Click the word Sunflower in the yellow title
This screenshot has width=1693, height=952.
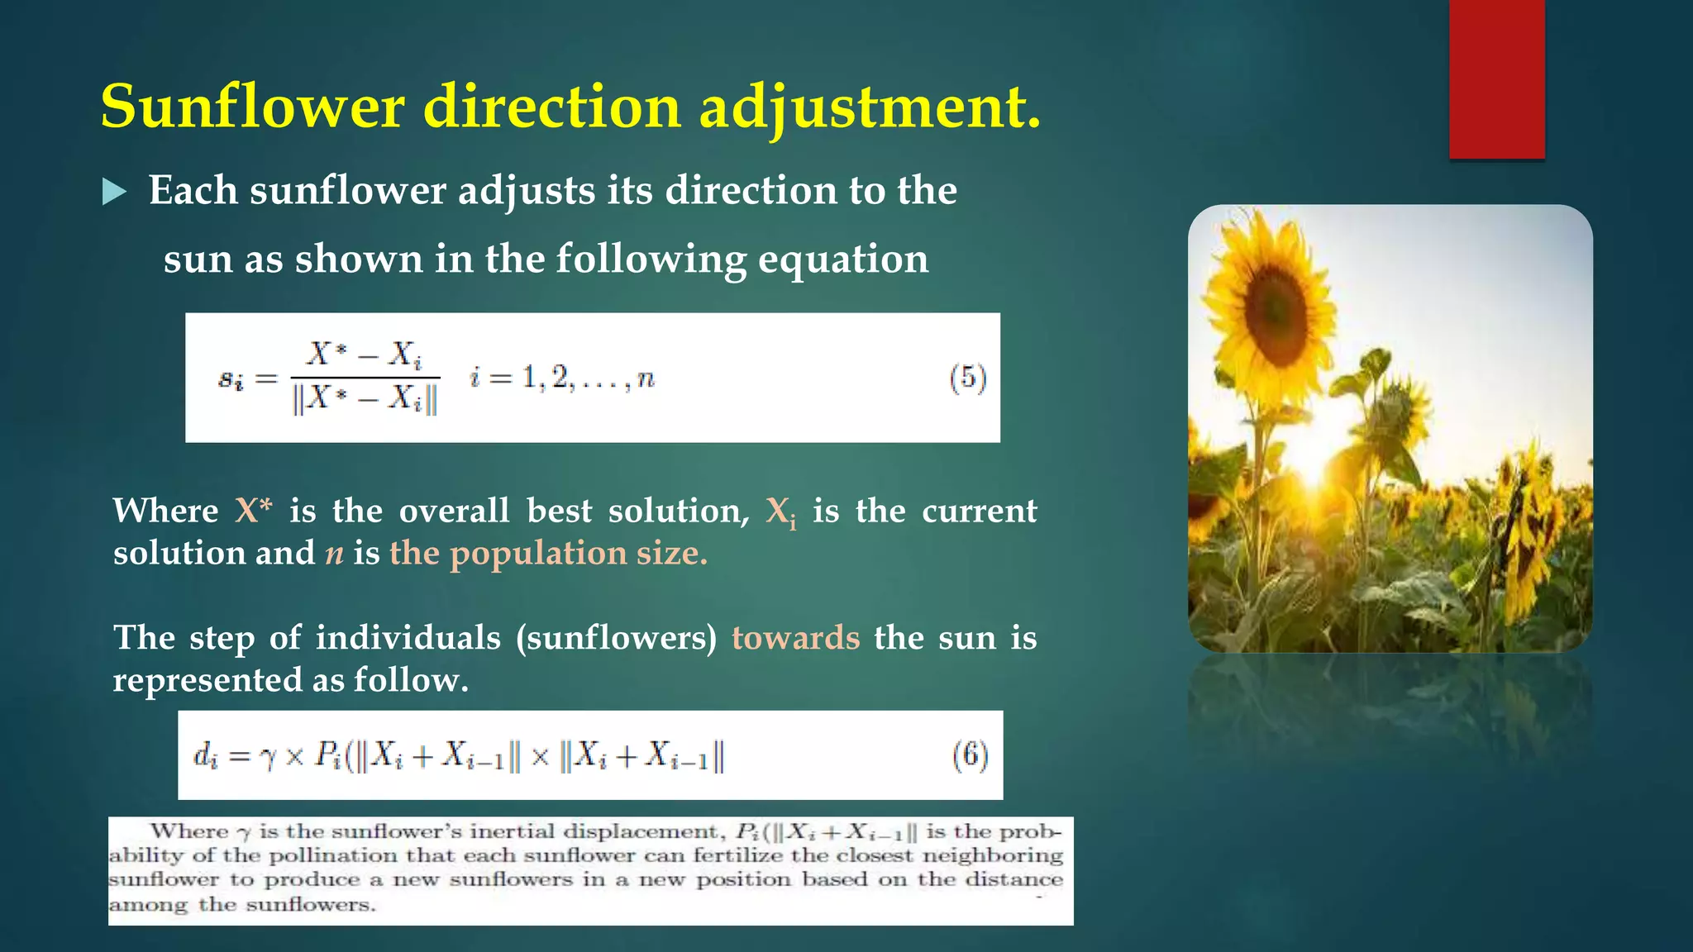[x=253, y=107]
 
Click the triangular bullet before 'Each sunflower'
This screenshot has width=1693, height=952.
[x=114, y=193]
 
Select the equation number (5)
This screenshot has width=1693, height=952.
[x=968, y=378]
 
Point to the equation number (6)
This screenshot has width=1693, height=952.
[x=970, y=755]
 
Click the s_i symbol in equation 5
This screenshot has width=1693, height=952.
[x=231, y=379]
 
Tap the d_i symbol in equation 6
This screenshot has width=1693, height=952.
[x=205, y=755]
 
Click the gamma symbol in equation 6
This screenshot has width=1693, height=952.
[x=268, y=758]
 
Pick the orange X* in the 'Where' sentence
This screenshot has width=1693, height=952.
[x=253, y=511]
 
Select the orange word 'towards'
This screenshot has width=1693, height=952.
[x=795, y=638]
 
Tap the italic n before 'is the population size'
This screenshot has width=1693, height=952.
[x=334, y=554]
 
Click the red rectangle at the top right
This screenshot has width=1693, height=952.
[x=1496, y=79]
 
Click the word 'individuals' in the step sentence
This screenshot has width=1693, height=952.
[x=408, y=638]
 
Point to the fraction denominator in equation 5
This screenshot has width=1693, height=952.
[x=365, y=400]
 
